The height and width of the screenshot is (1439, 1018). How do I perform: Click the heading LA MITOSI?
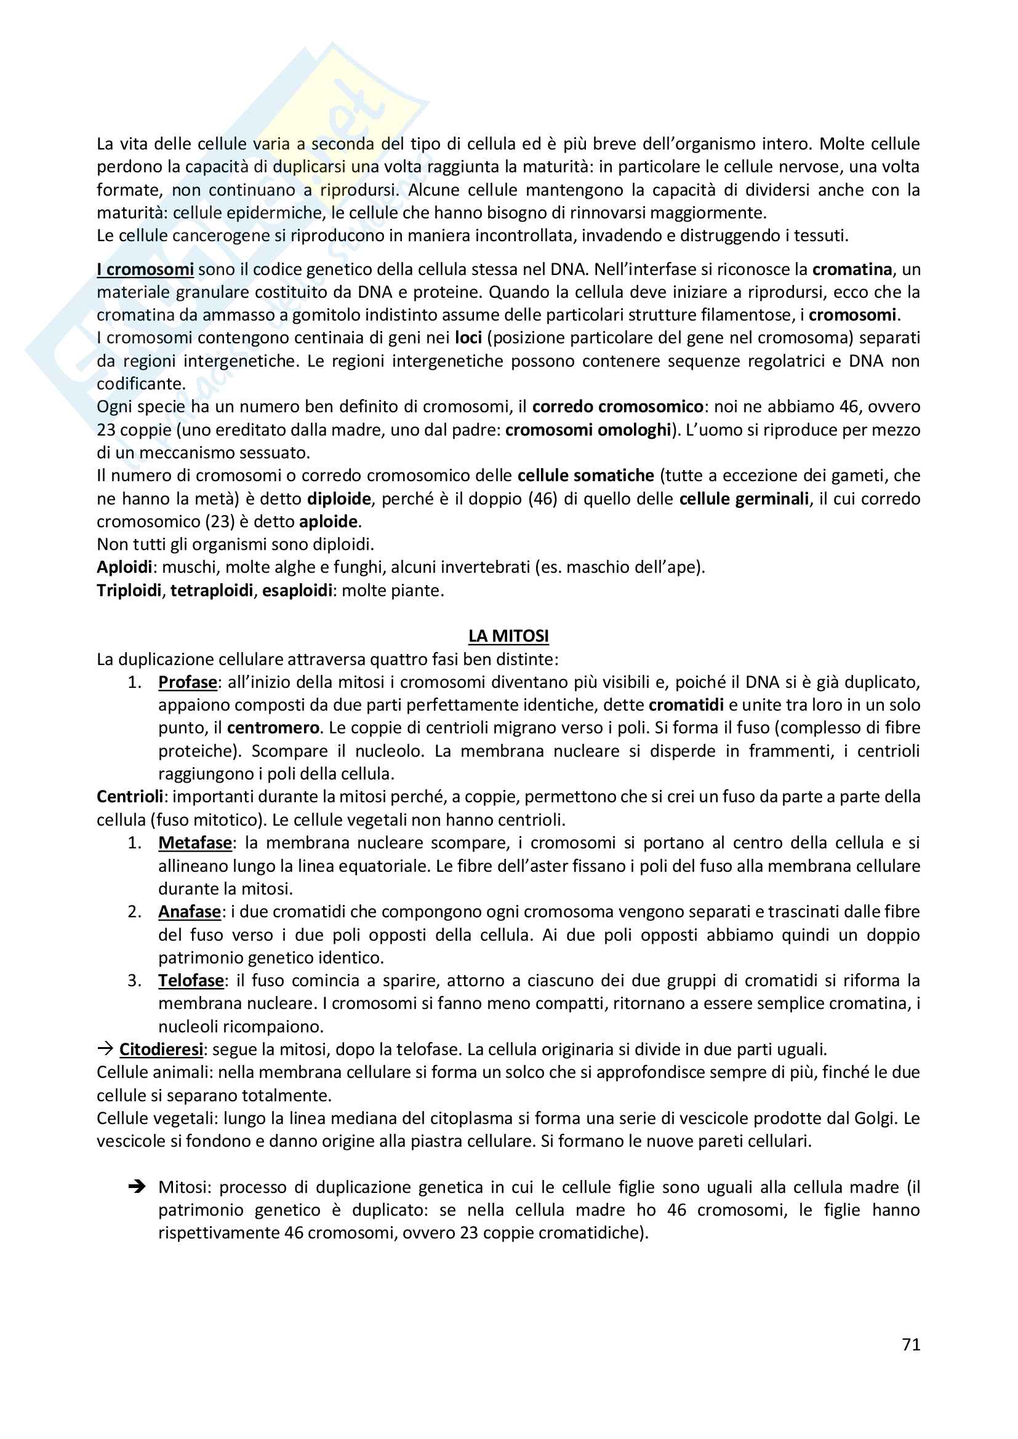click(x=508, y=636)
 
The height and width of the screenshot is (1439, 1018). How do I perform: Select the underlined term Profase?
click(x=188, y=682)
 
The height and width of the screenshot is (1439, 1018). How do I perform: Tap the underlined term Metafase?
click(x=195, y=843)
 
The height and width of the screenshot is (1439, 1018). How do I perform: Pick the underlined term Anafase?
click(x=190, y=912)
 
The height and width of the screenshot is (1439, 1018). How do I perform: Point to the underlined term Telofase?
click(x=191, y=980)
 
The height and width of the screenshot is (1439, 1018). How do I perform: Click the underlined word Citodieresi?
click(x=161, y=1049)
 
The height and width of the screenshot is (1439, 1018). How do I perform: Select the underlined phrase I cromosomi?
click(x=145, y=269)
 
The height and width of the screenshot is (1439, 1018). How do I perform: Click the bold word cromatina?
click(x=852, y=269)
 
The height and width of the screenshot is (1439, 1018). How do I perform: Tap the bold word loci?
click(x=468, y=338)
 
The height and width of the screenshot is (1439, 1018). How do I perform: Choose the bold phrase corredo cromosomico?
click(x=617, y=407)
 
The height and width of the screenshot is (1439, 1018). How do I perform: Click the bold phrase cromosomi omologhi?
click(x=588, y=430)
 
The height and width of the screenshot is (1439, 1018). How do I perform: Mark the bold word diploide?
click(x=339, y=499)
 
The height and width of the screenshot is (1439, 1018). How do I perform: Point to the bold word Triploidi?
click(x=129, y=591)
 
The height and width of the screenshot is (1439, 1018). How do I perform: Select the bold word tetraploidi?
click(x=212, y=591)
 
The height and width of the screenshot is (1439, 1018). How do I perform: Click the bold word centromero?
click(x=273, y=728)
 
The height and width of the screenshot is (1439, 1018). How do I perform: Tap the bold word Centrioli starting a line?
click(x=130, y=797)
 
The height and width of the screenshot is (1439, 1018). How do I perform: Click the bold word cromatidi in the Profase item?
click(x=686, y=705)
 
